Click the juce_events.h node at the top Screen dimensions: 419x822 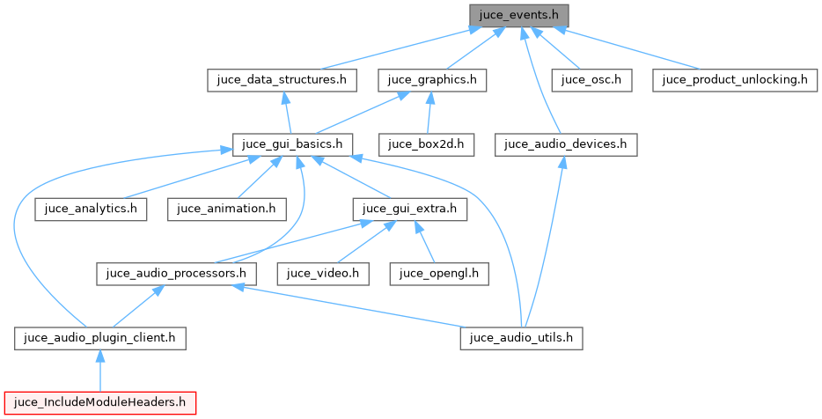(519, 15)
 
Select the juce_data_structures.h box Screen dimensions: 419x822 (282, 79)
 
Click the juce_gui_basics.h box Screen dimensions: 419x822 (293, 143)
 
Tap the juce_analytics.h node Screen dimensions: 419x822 (91, 209)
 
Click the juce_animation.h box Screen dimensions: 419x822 (226, 209)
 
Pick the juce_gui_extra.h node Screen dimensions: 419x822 (409, 209)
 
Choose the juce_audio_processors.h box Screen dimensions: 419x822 (176, 273)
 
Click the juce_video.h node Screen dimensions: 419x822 (322, 273)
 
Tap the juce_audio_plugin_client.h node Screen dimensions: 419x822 (100, 337)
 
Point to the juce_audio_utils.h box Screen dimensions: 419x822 (522, 337)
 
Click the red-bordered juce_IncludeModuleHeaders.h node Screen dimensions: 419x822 (99, 402)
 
